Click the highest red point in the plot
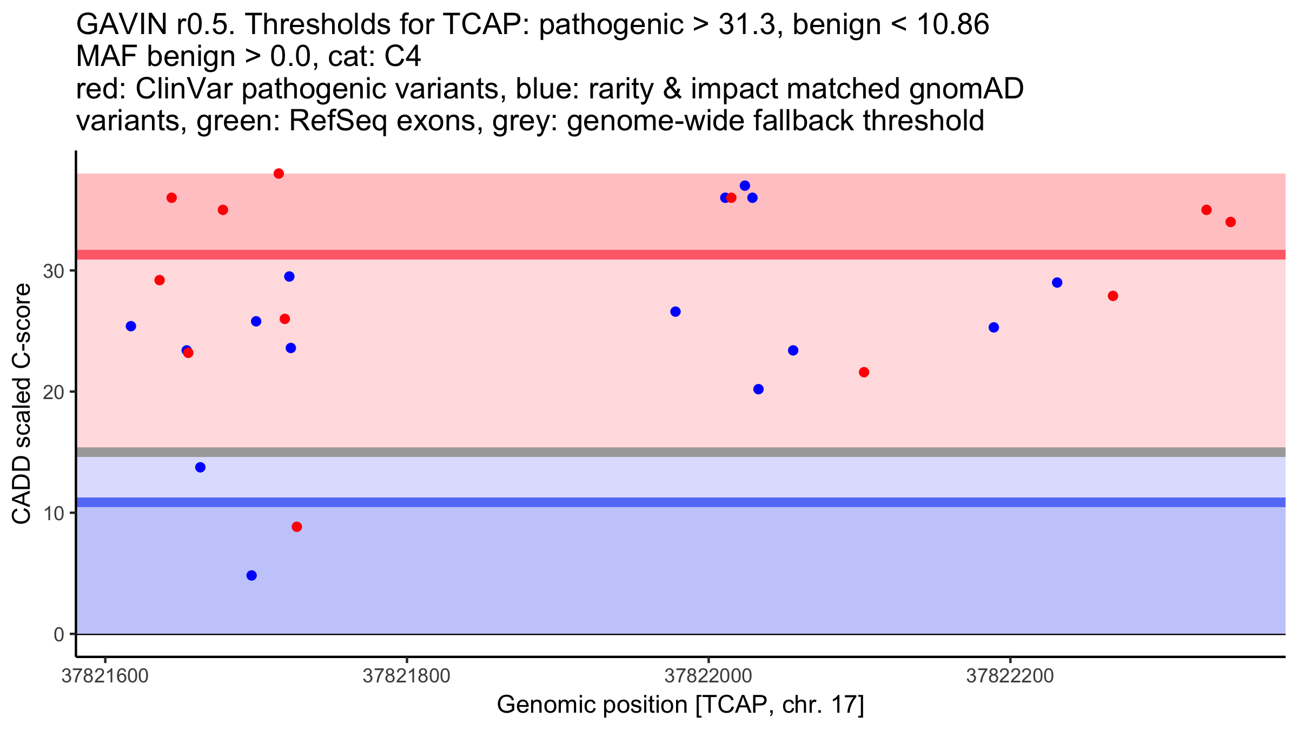279,174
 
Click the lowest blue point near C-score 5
251,575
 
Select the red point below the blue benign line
296,527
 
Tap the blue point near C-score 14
200,467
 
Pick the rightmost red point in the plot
1230,222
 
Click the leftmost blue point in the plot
131,326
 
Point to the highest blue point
745,185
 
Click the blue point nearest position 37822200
994,327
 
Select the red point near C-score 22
864,372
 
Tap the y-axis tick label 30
54,271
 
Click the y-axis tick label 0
59,634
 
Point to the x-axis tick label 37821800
406,676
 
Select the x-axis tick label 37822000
708,676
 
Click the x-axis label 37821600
105,676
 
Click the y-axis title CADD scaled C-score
22,404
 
